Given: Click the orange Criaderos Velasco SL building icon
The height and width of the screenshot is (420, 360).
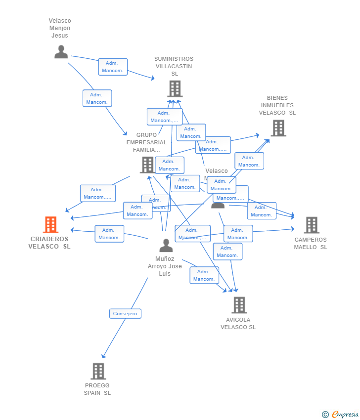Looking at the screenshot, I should point(50,225).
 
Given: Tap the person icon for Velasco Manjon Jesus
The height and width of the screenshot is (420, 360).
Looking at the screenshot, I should point(61,52).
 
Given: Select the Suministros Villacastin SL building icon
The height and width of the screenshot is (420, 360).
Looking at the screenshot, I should point(175,89).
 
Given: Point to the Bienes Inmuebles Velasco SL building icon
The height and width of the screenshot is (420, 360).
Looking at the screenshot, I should point(278,128).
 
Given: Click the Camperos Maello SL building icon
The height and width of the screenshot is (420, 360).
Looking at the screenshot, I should point(312,225).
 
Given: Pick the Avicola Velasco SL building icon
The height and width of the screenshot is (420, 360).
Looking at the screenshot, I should point(239,305).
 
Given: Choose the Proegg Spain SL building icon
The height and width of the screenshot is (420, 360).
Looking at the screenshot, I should point(98,371).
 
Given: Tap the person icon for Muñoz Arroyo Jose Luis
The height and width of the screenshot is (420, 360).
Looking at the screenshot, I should point(166,245).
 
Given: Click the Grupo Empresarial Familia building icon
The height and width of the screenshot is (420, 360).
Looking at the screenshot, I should point(147,165).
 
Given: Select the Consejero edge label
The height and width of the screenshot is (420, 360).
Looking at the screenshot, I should point(125,313).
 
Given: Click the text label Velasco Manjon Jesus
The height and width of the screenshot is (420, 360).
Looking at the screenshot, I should point(60,28).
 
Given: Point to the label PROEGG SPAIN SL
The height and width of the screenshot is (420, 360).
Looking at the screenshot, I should point(97,389).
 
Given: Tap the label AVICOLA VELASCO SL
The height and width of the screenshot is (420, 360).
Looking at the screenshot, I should point(238,324).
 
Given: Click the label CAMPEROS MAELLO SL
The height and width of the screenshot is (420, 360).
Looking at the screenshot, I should point(311,244).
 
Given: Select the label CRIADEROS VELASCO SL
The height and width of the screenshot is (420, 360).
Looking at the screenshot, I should point(49,243).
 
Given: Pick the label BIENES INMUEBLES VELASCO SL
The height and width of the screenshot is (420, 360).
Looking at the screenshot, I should point(277,105).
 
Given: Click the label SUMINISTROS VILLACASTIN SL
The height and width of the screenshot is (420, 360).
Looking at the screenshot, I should point(174,66).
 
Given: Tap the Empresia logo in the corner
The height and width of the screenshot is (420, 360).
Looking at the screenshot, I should point(341,415).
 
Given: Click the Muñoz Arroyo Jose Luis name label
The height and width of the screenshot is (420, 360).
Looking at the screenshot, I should point(165,266).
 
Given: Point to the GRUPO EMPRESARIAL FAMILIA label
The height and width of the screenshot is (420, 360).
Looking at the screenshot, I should point(146,142).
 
